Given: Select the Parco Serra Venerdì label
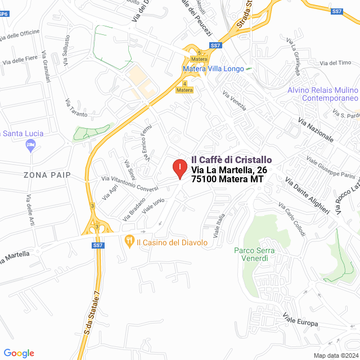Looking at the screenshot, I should (251, 254).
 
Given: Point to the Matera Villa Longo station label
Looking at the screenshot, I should (213, 69).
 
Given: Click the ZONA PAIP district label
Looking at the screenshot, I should (47, 175).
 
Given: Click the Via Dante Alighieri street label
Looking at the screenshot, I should (307, 195).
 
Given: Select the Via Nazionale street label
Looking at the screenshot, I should (316, 130).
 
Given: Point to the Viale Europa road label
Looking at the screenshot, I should (300, 320).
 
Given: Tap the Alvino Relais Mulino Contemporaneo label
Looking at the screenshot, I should (322, 94).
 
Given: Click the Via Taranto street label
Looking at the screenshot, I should (76, 107).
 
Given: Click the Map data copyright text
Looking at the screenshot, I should (336, 355).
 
